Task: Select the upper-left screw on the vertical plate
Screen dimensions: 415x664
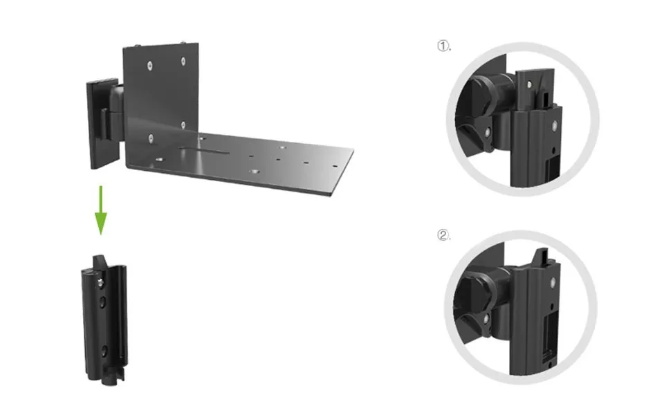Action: click(149, 66)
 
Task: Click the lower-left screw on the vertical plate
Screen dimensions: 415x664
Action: click(149, 138)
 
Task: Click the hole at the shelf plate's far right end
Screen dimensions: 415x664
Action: click(335, 165)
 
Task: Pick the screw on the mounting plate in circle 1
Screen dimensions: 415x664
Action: click(529, 84)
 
